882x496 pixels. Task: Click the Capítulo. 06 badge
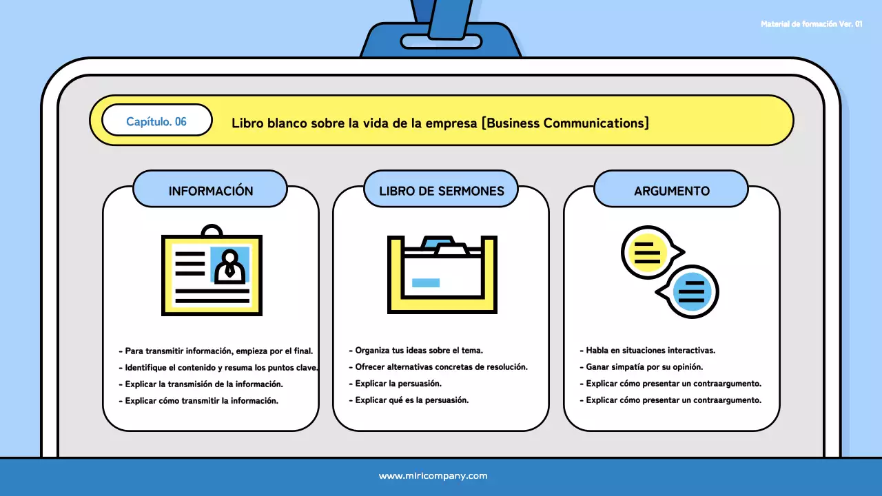click(156, 121)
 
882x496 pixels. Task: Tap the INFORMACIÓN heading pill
click(210, 191)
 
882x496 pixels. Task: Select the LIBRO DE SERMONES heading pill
click(441, 191)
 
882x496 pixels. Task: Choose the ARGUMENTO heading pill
click(671, 191)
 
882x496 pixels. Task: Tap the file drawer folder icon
click(442, 273)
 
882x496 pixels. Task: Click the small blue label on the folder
click(425, 282)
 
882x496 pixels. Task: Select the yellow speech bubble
click(648, 252)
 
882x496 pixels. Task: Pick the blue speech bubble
click(691, 291)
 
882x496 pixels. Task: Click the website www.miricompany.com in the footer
click(433, 476)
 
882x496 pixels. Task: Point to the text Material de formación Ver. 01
click(811, 24)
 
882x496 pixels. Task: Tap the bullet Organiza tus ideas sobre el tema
click(418, 351)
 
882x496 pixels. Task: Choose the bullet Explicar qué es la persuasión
click(411, 400)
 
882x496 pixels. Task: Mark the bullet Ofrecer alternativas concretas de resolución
click(441, 367)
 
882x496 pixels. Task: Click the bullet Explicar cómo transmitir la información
click(201, 400)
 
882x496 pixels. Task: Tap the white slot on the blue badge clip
click(441, 41)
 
